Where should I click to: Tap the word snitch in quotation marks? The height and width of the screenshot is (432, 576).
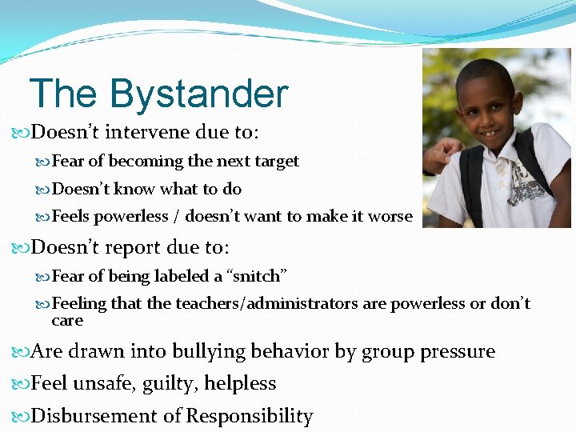click(x=255, y=276)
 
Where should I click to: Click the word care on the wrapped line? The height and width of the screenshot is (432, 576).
click(x=66, y=320)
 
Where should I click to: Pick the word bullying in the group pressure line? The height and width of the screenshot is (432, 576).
click(x=208, y=351)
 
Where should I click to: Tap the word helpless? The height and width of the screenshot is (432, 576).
click(x=240, y=384)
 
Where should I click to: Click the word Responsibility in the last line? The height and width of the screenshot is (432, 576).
click(x=249, y=416)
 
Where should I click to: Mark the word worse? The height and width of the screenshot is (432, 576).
click(x=393, y=216)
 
